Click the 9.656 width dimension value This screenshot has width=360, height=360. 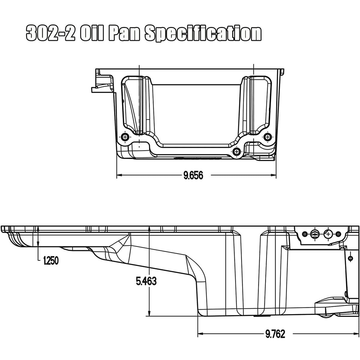[193, 175]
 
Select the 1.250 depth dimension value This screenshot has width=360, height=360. [51, 261]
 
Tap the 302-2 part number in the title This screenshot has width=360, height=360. [50, 34]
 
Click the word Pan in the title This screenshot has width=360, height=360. [124, 34]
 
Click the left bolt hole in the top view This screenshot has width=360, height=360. [125, 137]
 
